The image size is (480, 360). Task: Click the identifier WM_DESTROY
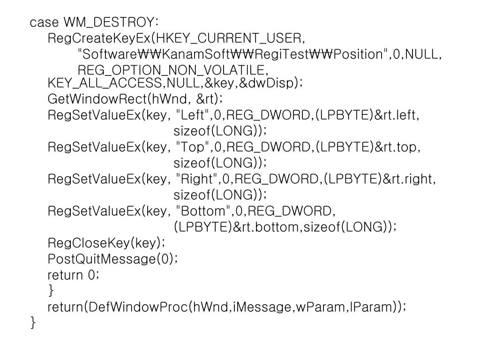click(x=111, y=22)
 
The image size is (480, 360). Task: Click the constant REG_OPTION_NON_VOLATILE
click(x=172, y=71)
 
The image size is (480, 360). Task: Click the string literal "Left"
click(x=193, y=115)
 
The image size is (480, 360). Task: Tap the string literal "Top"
click(x=193, y=147)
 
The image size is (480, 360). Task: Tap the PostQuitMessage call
click(x=112, y=259)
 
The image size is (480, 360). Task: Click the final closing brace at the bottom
click(x=33, y=322)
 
